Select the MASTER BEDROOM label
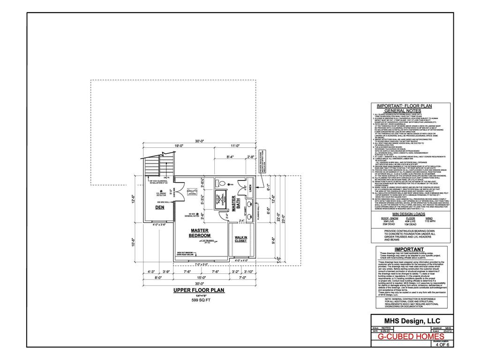coord(200,232)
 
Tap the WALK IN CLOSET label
coord(240,239)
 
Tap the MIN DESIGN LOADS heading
coord(411,212)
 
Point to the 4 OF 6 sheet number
coord(442,345)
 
